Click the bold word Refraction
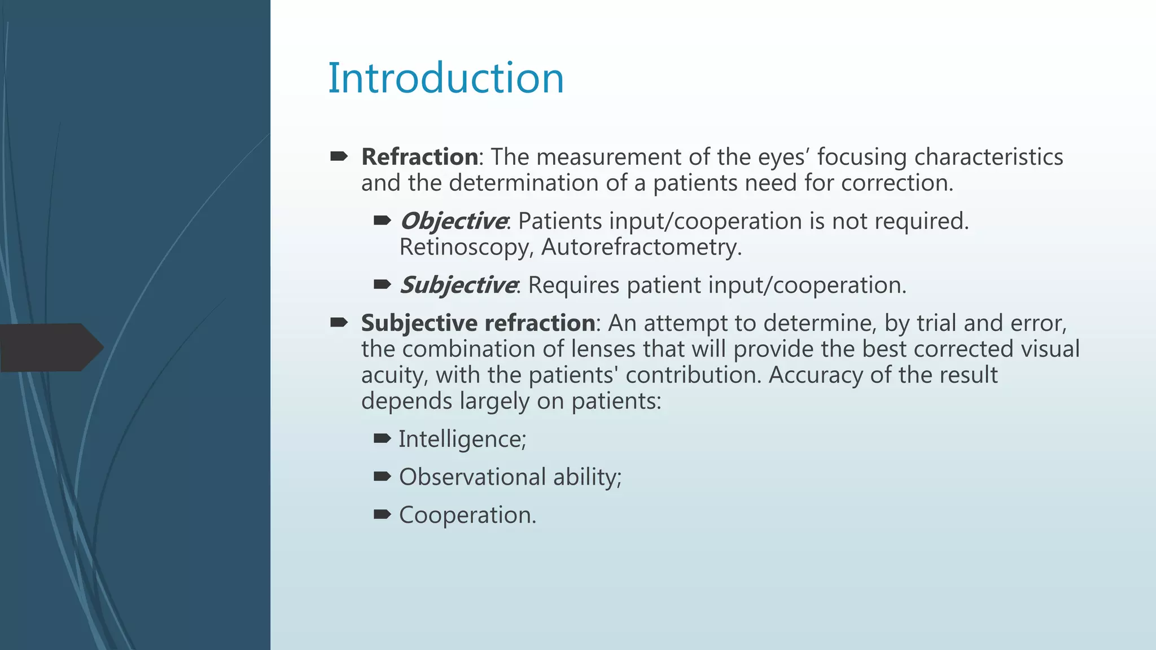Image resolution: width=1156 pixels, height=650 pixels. tap(419, 157)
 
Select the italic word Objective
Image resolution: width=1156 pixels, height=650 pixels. tap(453, 221)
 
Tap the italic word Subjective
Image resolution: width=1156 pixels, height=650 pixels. tap(458, 286)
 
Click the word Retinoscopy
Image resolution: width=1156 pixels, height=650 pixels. tap(465, 248)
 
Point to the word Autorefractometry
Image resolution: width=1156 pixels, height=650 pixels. tap(641, 248)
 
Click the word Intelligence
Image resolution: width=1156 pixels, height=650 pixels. tap(461, 440)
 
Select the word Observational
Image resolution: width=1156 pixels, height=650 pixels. tap(472, 477)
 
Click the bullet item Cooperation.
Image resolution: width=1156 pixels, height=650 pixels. tap(467, 515)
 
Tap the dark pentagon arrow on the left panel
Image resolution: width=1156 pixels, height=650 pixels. tap(51, 347)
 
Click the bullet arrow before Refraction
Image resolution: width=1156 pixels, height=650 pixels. tap(339, 156)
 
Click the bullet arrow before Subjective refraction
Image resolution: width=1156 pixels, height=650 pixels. tap(339, 322)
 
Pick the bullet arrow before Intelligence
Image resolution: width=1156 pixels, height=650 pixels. tap(382, 438)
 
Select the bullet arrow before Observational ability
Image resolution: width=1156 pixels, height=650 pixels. tap(382, 477)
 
